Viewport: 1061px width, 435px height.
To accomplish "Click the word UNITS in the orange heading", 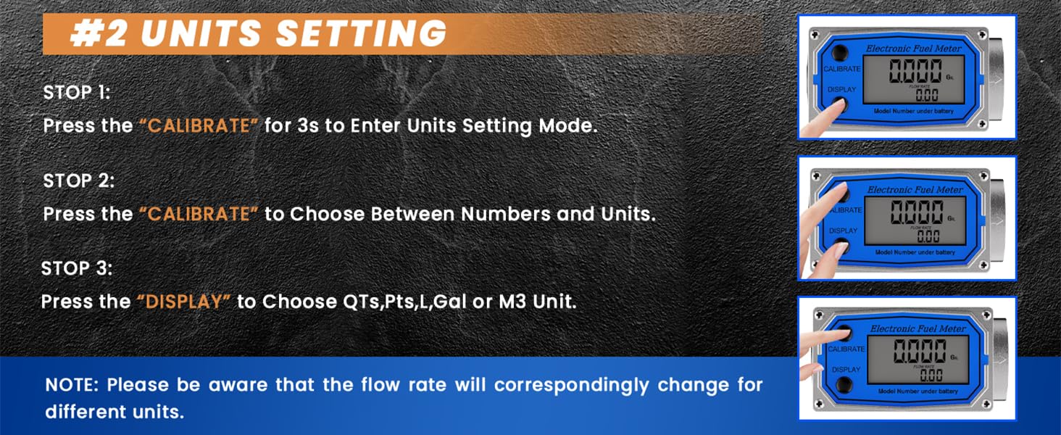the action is point(200,33).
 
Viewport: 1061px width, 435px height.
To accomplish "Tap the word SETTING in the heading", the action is point(360,33).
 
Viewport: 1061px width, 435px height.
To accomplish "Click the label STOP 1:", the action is point(77,92).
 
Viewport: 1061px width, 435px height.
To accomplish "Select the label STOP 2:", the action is point(78,181).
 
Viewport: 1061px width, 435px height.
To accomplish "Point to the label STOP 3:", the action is point(77,268).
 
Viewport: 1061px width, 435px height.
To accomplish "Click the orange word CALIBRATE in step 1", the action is point(199,125).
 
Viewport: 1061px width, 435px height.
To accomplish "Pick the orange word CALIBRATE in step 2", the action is point(199,214).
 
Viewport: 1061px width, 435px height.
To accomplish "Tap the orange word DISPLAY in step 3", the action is point(184,302).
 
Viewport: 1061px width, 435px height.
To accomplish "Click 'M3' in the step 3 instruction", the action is point(512,302).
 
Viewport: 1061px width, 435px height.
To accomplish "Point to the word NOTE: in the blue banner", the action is point(72,384).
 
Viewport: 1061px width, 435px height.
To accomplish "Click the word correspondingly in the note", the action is point(572,386).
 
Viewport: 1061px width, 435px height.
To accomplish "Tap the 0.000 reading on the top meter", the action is point(915,71).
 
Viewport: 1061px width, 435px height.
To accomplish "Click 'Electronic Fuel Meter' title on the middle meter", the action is point(915,189).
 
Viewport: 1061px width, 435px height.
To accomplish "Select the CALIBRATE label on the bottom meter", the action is point(846,349).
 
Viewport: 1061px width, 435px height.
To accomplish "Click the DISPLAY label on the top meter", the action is point(841,89).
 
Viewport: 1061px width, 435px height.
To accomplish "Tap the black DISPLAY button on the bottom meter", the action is point(844,385).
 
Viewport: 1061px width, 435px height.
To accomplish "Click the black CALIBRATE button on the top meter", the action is point(840,52).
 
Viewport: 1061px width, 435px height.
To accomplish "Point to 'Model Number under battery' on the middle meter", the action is point(915,252).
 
